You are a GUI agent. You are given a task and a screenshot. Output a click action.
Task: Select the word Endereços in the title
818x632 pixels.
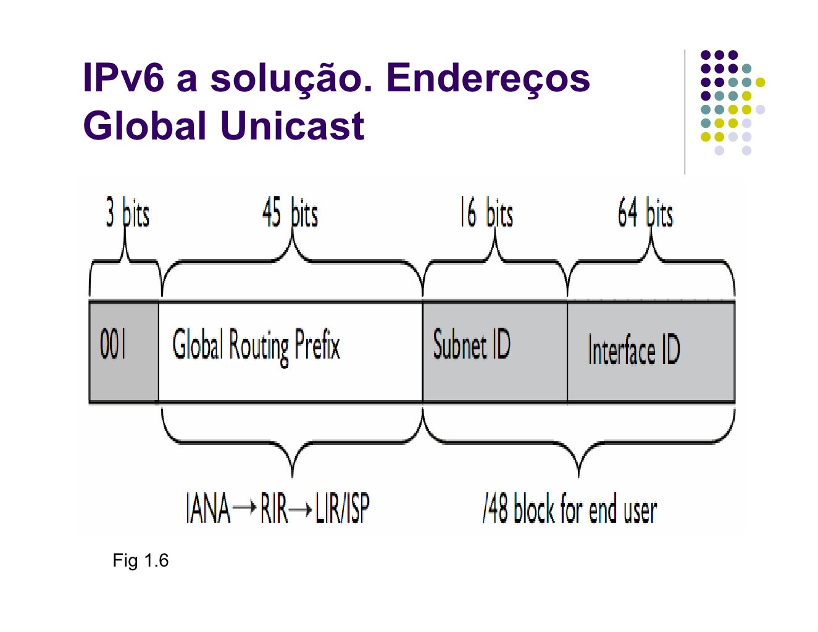(x=488, y=79)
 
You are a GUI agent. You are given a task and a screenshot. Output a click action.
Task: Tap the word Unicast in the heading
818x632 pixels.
(x=292, y=126)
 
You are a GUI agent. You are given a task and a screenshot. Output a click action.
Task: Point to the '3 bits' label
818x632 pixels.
(x=127, y=214)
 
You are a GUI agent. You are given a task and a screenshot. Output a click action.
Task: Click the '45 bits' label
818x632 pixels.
(x=290, y=214)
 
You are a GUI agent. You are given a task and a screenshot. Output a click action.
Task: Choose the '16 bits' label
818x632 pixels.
(x=486, y=214)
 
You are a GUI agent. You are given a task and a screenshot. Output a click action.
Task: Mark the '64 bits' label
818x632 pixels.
(x=645, y=214)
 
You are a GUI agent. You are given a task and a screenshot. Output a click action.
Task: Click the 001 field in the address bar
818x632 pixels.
(x=113, y=345)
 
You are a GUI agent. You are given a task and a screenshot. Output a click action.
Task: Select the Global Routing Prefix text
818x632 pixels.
(x=256, y=346)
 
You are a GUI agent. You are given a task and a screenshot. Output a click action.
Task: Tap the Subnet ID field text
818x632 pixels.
(x=472, y=345)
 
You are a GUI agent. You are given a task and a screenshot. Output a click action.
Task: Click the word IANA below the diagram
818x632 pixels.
(x=207, y=509)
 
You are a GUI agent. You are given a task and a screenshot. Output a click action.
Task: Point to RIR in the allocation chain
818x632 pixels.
(x=273, y=509)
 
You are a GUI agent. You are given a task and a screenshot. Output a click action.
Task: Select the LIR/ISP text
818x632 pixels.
(x=342, y=509)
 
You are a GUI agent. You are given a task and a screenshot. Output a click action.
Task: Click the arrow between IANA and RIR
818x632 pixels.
(x=245, y=508)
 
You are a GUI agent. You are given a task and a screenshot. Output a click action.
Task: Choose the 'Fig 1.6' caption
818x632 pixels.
(x=140, y=560)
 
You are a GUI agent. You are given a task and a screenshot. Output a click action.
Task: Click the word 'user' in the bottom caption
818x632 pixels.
(x=640, y=511)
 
